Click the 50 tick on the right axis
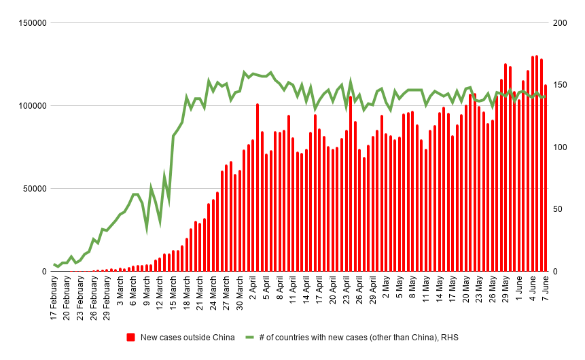(x=559, y=209)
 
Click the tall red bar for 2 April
(x=258, y=187)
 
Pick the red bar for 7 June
(x=546, y=178)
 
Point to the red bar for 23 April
(x=351, y=183)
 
